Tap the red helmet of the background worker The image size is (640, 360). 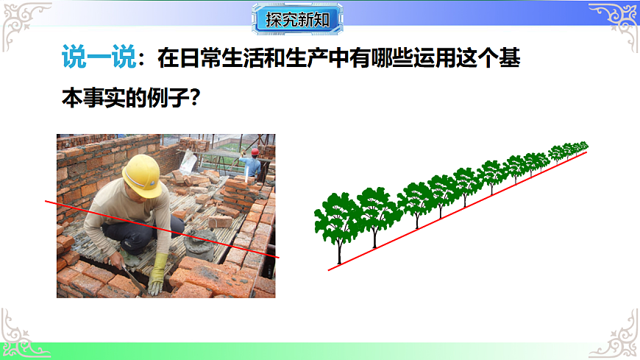(x=255, y=152)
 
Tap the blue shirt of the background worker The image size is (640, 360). (x=252, y=167)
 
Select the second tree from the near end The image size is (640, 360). (x=377, y=210)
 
